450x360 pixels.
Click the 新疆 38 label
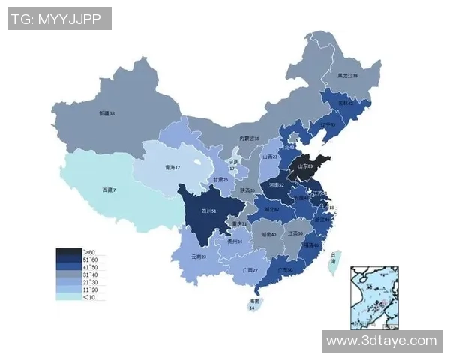(106, 113)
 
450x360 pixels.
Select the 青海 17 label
(172, 167)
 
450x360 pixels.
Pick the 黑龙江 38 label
(347, 76)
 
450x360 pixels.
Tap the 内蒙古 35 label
(249, 139)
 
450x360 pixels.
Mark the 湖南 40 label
(268, 235)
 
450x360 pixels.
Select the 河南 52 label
(276, 184)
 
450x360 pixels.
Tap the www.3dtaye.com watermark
(382, 340)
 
